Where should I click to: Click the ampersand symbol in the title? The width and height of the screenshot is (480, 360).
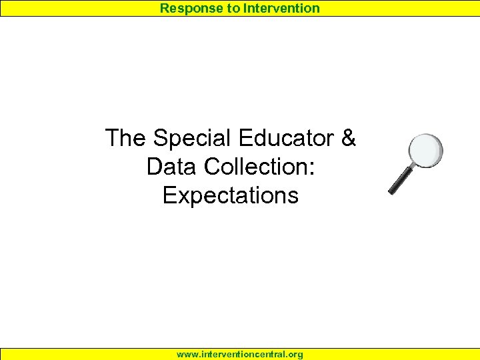click(348, 139)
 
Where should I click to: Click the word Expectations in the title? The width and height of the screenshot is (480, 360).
click(231, 196)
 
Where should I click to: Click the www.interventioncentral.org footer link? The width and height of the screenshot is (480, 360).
click(240, 354)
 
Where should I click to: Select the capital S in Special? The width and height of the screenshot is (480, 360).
click(160, 139)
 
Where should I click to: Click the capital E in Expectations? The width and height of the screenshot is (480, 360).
click(169, 196)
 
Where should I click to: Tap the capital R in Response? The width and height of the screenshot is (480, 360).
click(164, 9)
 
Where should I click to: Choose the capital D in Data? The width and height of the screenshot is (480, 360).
click(155, 167)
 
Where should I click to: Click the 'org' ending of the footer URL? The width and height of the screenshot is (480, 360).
click(295, 355)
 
